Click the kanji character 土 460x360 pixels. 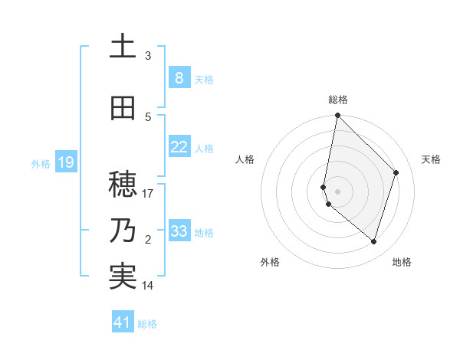tap(123, 47)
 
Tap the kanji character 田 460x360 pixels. tap(123, 108)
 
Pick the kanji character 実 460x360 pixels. tap(123, 277)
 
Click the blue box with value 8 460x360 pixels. tap(179, 78)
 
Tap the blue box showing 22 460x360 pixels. tap(179, 147)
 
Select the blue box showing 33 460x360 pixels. tap(179, 231)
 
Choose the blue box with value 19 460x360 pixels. tap(65, 162)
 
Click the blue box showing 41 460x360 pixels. tap(123, 322)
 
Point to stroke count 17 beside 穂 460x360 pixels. tap(148, 194)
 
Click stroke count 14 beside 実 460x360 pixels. tap(148, 286)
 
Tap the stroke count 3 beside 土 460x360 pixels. tap(148, 56)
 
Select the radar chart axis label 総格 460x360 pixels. tap(338, 100)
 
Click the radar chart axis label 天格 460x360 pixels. tap(432, 159)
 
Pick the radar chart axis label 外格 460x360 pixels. tap(270, 262)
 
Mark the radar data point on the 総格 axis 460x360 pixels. tap(338, 116)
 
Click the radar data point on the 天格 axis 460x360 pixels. tap(396, 172)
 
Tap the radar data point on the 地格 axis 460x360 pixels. tap(374, 241)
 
